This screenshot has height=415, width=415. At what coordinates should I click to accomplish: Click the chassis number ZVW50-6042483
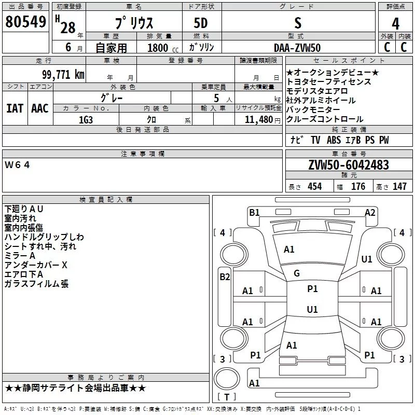[348, 165]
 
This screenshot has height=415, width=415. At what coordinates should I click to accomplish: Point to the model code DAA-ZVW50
[297, 47]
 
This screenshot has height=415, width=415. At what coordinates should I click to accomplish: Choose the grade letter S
[297, 23]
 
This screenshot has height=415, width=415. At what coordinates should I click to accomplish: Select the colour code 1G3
[86, 119]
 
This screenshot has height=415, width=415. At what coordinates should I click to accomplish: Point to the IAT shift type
[15, 108]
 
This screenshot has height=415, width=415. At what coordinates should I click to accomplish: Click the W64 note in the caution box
[18, 165]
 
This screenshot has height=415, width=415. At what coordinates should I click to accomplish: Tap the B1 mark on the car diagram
[254, 212]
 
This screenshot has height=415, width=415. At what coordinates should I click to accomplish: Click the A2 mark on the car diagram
[370, 212]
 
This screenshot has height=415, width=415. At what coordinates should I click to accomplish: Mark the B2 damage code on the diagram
[225, 277]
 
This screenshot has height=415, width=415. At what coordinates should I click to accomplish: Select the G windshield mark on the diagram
[297, 273]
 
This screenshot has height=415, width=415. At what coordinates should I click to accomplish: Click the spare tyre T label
[226, 397]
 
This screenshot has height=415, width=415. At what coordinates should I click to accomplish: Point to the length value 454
[314, 186]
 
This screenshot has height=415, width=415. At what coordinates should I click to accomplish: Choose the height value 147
[399, 186]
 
